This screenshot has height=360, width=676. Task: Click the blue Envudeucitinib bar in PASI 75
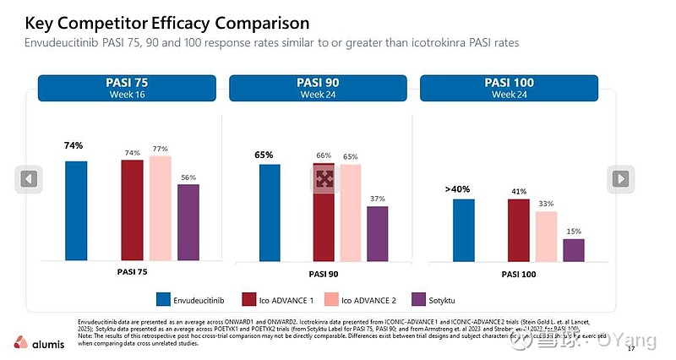point(76,210)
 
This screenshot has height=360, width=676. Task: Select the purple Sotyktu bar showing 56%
point(188,221)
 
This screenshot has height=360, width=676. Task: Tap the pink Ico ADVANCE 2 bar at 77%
point(160,207)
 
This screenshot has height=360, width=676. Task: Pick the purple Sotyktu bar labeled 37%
point(377,233)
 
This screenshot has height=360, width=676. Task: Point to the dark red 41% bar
point(518,230)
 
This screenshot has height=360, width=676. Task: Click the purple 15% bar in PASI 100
point(574,250)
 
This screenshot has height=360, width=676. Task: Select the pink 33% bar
point(546,236)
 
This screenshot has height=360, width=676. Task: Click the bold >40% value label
point(460,189)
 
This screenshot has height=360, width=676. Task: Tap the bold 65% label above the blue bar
point(264,155)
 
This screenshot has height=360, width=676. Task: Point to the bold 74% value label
point(74,145)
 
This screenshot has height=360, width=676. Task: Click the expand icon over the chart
point(324,178)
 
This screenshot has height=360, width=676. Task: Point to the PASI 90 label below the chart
point(323,274)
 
